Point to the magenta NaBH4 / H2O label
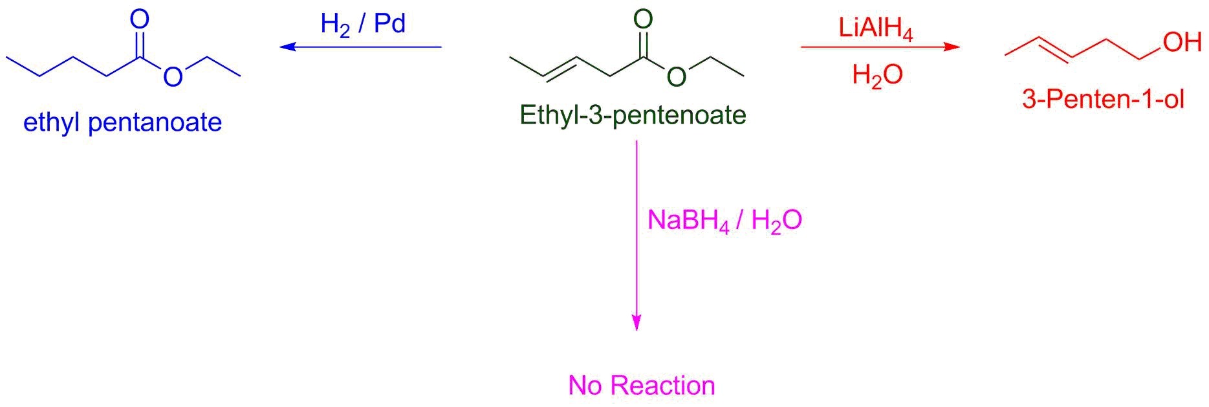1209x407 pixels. (724, 221)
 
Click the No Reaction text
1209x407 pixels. (642, 386)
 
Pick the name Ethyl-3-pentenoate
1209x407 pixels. (633, 115)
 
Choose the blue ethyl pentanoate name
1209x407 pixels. (123, 122)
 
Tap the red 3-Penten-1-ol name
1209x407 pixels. (1103, 100)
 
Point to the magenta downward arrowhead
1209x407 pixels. (637, 322)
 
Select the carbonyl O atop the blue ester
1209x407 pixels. (140, 19)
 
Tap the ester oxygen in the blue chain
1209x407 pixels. (173, 77)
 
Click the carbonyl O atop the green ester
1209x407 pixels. (643, 19)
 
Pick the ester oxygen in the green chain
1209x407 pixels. (676, 77)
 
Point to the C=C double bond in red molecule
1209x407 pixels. (1056, 49)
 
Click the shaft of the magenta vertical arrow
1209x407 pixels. (637, 227)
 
